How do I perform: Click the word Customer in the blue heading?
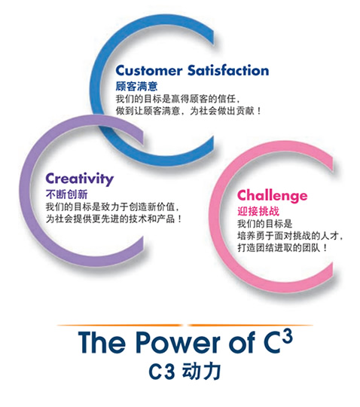149,70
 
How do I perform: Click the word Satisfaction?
228,70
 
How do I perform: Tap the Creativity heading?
80,179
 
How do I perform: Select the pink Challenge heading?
273,195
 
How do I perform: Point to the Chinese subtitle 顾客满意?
136,86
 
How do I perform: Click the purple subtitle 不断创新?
67,194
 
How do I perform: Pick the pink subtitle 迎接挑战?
258,211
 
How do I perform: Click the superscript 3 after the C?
287,336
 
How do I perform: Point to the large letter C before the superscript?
273,343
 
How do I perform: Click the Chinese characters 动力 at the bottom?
202,371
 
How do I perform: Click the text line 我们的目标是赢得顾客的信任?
178,99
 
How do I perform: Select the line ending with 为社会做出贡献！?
188,111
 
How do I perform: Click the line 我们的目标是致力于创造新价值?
112,207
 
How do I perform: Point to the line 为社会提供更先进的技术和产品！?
114,219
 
